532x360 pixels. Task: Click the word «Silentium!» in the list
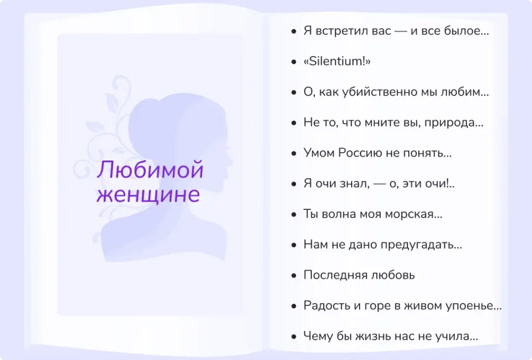click(x=337, y=62)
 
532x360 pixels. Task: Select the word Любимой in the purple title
click(x=150, y=171)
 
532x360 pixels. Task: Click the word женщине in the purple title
click(x=148, y=195)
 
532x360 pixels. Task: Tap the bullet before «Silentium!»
click(x=295, y=62)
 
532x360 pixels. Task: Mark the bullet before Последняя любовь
click(x=295, y=275)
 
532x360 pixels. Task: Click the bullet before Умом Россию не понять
click(x=295, y=153)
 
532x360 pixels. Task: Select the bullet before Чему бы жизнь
click(x=295, y=337)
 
